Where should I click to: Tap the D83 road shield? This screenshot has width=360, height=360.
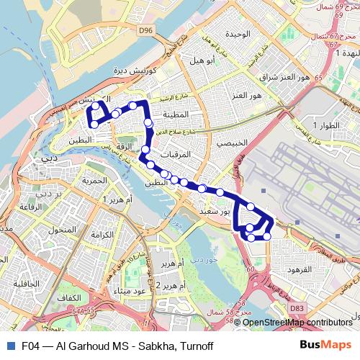[296, 308]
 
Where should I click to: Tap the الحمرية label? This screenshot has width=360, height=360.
[94, 180]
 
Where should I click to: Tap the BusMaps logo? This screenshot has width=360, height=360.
[325, 346]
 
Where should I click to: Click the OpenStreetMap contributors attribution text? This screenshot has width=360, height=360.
[298, 323]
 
